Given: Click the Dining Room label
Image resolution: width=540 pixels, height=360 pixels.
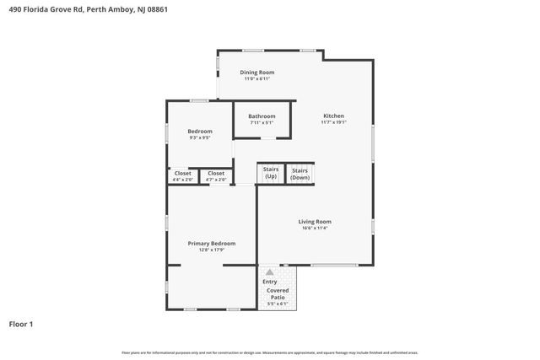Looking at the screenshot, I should [257, 73].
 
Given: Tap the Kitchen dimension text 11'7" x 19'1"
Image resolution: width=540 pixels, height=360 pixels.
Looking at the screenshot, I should [333, 122].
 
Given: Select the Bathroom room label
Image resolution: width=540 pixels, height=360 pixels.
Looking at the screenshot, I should [262, 116].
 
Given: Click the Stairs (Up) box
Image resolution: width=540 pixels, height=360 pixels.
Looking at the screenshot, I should [270, 174].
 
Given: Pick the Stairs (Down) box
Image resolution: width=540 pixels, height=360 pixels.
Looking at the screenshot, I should [300, 174].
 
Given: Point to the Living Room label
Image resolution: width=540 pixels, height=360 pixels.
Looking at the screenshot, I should [314, 221].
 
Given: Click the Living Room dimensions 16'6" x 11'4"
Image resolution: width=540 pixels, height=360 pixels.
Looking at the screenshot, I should [314, 228].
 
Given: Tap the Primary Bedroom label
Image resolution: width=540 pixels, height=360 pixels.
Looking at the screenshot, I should [211, 243].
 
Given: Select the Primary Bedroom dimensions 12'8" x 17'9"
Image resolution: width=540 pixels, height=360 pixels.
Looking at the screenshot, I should [211, 250].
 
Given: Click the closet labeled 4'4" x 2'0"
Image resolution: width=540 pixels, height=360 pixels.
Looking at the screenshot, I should [182, 176].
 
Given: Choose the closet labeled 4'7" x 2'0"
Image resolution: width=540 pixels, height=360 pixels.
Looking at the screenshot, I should [216, 176].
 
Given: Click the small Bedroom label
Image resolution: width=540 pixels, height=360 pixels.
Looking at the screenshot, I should [199, 131].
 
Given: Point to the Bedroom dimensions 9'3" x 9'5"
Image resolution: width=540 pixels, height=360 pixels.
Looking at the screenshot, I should [199, 137].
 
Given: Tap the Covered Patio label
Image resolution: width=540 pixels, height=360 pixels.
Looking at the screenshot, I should [278, 293].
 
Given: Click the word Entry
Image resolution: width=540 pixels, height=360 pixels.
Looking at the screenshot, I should [269, 282].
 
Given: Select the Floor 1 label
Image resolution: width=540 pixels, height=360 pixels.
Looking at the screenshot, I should [21, 324].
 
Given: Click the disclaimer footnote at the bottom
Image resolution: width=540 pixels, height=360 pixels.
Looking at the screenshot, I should [269, 352].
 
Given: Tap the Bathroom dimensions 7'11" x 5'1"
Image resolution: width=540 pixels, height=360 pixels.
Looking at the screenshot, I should [262, 123].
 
